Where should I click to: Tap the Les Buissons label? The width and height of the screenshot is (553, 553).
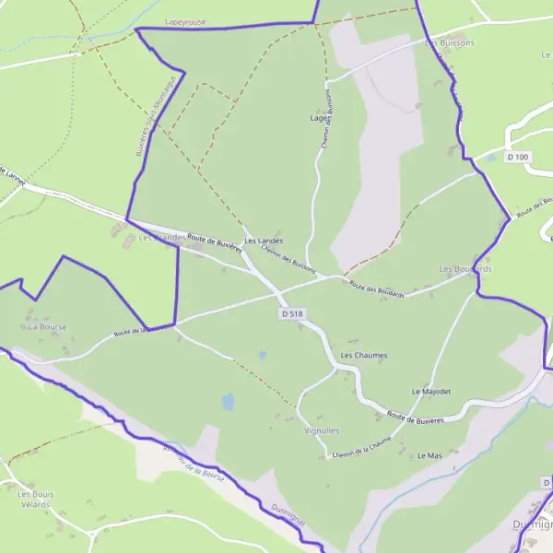click(450, 43)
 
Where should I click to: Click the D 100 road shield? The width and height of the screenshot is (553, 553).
click(519, 157)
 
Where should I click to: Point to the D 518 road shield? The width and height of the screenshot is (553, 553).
click(290, 314)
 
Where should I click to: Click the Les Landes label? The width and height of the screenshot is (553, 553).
click(264, 241)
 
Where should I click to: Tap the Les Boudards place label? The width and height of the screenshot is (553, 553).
click(465, 269)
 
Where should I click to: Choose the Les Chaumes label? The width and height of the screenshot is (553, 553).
click(364, 355)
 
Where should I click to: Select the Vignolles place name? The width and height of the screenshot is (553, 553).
click(322, 430)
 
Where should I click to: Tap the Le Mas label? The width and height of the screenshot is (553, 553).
click(429, 456)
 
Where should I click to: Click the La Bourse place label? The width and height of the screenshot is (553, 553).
click(48, 326)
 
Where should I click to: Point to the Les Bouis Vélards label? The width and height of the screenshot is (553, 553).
click(36, 499)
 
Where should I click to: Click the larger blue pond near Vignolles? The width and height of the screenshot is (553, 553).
click(228, 402)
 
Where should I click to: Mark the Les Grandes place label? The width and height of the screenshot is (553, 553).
click(155, 238)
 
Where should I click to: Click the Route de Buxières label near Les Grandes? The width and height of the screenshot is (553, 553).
click(214, 241)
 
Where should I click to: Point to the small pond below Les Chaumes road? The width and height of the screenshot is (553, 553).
click(263, 355)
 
